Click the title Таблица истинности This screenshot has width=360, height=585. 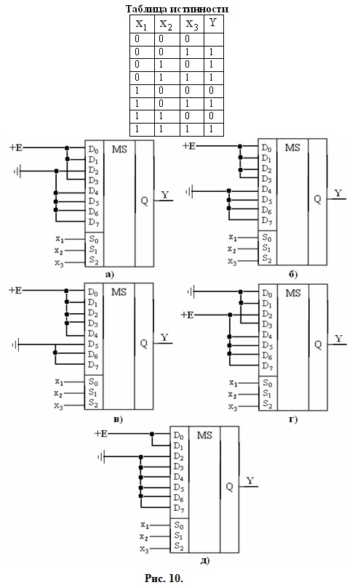click(x=177, y=9)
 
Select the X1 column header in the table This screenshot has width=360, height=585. click(x=142, y=25)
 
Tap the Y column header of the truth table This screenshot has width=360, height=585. click(x=213, y=23)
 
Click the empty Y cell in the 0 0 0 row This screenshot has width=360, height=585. click(x=214, y=39)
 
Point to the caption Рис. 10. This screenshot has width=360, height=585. click(x=164, y=578)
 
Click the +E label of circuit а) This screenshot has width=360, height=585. click(x=16, y=148)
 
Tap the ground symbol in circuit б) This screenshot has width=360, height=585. click(x=189, y=192)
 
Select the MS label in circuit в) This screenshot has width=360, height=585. click(x=119, y=292)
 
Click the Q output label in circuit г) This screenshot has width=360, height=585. click(x=318, y=344)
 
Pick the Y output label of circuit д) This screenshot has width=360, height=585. click(x=250, y=480)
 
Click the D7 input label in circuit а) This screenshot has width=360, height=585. click(x=94, y=222)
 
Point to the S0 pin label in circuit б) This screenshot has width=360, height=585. click(x=267, y=238)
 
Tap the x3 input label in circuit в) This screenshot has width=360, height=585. click(x=59, y=406)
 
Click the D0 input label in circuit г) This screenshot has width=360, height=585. click(x=267, y=294)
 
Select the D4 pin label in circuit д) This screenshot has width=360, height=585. click(x=178, y=477)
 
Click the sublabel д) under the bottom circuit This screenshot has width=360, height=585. click(x=204, y=560)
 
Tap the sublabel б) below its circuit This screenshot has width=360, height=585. click(x=293, y=275)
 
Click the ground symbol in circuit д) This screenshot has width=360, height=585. click(x=101, y=456)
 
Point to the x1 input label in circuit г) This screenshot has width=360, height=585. click(x=233, y=383)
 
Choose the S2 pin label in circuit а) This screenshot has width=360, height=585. click(x=94, y=260)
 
